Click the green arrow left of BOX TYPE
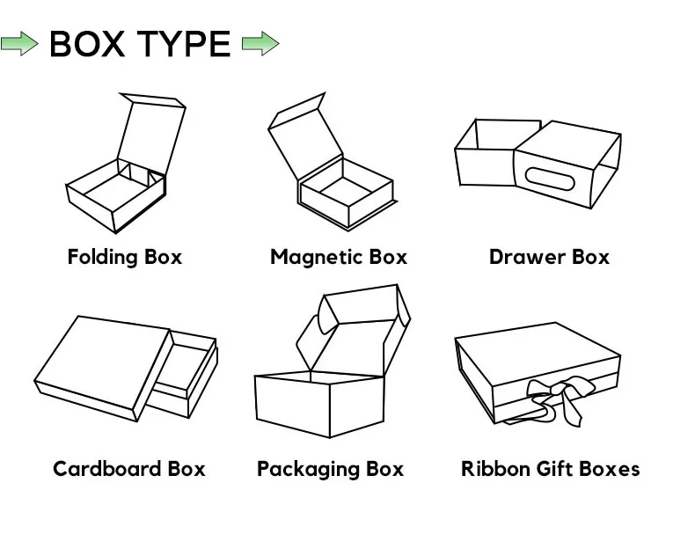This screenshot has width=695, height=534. [x=19, y=43]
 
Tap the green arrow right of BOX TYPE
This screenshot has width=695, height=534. [x=260, y=43]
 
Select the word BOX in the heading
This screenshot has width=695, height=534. [x=86, y=43]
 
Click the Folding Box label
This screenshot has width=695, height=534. [x=125, y=257]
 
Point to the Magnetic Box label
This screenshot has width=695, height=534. [x=339, y=257]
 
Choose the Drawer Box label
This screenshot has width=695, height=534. [x=549, y=257]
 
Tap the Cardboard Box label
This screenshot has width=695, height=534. [x=129, y=468]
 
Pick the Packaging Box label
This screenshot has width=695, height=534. [x=331, y=468]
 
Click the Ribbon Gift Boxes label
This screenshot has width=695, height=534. [x=551, y=468]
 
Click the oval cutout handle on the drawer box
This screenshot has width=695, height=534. [x=550, y=180]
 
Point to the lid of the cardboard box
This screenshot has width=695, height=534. [x=101, y=361]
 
